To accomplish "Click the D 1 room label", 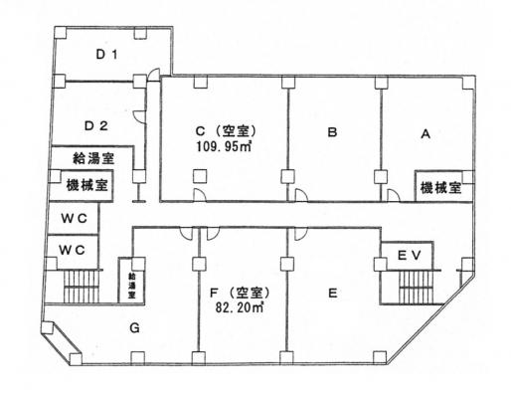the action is (106, 55).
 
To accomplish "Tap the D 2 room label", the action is (96, 126).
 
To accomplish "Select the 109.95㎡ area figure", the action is (224, 146).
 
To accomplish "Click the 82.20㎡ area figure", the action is (240, 307).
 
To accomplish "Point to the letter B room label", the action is (332, 132).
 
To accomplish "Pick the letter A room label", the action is (426, 134).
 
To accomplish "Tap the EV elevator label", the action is (409, 256).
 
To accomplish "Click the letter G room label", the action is (134, 328).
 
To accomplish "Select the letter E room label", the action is (332, 294).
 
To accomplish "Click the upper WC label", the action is (74, 219).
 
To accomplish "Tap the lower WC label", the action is (72, 250).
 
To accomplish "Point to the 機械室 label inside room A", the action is (440, 188).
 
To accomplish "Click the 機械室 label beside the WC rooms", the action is (87, 185).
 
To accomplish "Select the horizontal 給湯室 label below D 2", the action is (93, 158).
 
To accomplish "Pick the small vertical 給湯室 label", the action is (132, 286).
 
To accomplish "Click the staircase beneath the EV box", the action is (417, 288).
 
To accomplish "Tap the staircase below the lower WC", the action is (82, 287).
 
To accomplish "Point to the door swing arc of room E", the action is (301, 235).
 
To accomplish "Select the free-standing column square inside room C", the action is (200, 176).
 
